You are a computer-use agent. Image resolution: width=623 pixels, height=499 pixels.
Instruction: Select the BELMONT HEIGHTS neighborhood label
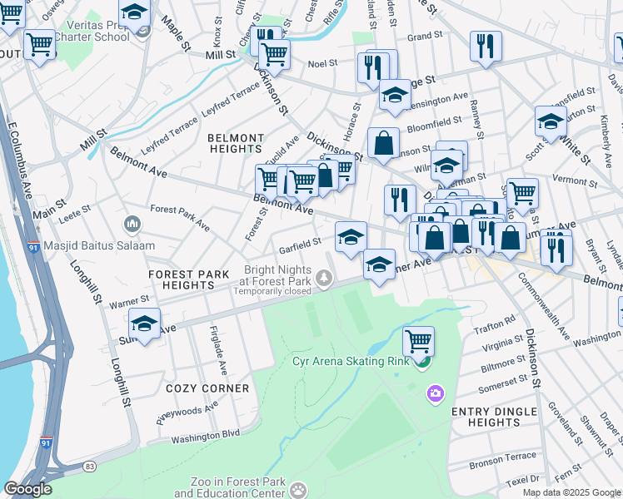(236, 143)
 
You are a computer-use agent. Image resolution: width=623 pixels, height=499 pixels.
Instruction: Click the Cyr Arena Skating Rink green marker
(425, 361)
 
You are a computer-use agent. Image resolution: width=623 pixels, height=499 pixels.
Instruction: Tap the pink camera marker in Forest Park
(434, 393)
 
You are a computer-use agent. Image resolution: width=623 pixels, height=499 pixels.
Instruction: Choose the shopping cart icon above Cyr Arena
(418, 340)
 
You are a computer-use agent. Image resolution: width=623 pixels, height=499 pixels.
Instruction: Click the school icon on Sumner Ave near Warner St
(144, 324)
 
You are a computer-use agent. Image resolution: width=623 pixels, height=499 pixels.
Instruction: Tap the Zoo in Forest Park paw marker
(298, 491)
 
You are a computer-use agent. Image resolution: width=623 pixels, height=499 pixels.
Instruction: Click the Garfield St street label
(300, 245)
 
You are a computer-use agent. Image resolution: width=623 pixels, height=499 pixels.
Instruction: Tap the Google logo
(27, 489)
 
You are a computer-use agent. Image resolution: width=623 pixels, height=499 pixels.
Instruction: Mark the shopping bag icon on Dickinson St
(383, 142)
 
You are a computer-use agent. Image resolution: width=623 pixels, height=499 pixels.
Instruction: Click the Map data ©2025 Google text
(571, 492)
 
